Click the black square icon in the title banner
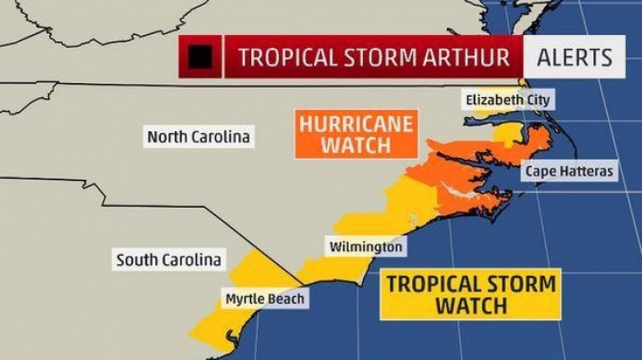click(x=200, y=57)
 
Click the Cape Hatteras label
click(x=568, y=172)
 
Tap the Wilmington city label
click(x=366, y=247)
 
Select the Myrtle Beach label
click(x=264, y=299)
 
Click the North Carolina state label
click(x=199, y=137)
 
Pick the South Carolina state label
click(x=168, y=260)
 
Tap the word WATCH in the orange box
click(x=356, y=145)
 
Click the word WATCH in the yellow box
click(x=472, y=306)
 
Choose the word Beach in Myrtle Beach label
click(x=285, y=299)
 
